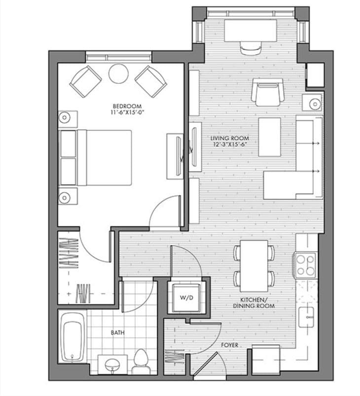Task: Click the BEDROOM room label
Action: point(127,106)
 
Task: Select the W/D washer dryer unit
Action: point(186,298)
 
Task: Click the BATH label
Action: point(117,333)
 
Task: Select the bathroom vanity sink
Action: point(113,365)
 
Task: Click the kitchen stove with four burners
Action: point(306,264)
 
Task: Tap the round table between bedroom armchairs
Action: point(118,74)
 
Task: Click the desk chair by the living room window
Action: point(250,48)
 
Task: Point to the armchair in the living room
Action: point(266,92)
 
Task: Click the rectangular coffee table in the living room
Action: point(269,137)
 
